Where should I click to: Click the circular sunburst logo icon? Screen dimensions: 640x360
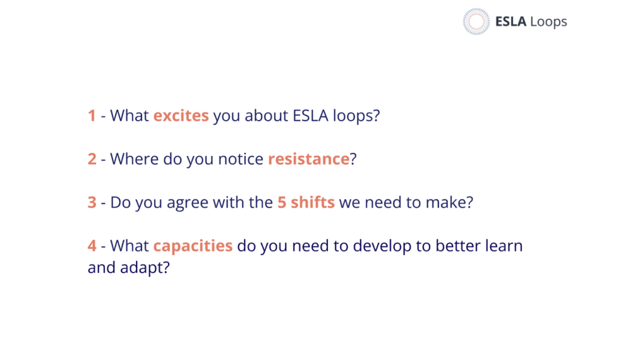pyautogui.click(x=476, y=21)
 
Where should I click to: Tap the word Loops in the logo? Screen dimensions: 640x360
pyautogui.click(x=549, y=22)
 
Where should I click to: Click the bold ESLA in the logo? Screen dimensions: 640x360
pyautogui.click(x=510, y=21)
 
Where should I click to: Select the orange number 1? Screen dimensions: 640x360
pyautogui.click(x=92, y=116)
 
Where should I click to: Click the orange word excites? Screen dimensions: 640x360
pyautogui.click(x=181, y=116)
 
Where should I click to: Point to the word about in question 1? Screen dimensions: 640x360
pyautogui.click(x=266, y=116)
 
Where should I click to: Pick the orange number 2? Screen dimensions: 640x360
pyautogui.click(x=92, y=159)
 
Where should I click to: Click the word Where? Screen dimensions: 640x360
pyautogui.click(x=134, y=158)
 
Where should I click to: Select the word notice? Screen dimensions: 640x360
pyautogui.click(x=241, y=159)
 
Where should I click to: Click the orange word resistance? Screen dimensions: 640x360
pyautogui.click(x=308, y=159)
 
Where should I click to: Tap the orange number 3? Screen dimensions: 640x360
pyautogui.click(x=92, y=202)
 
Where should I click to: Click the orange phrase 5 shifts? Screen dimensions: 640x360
pyautogui.click(x=306, y=202)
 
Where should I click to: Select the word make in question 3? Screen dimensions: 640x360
pyautogui.click(x=445, y=202)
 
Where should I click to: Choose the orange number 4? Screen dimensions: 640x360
pyautogui.click(x=92, y=246)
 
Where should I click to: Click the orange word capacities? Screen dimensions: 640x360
pyautogui.click(x=193, y=246)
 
